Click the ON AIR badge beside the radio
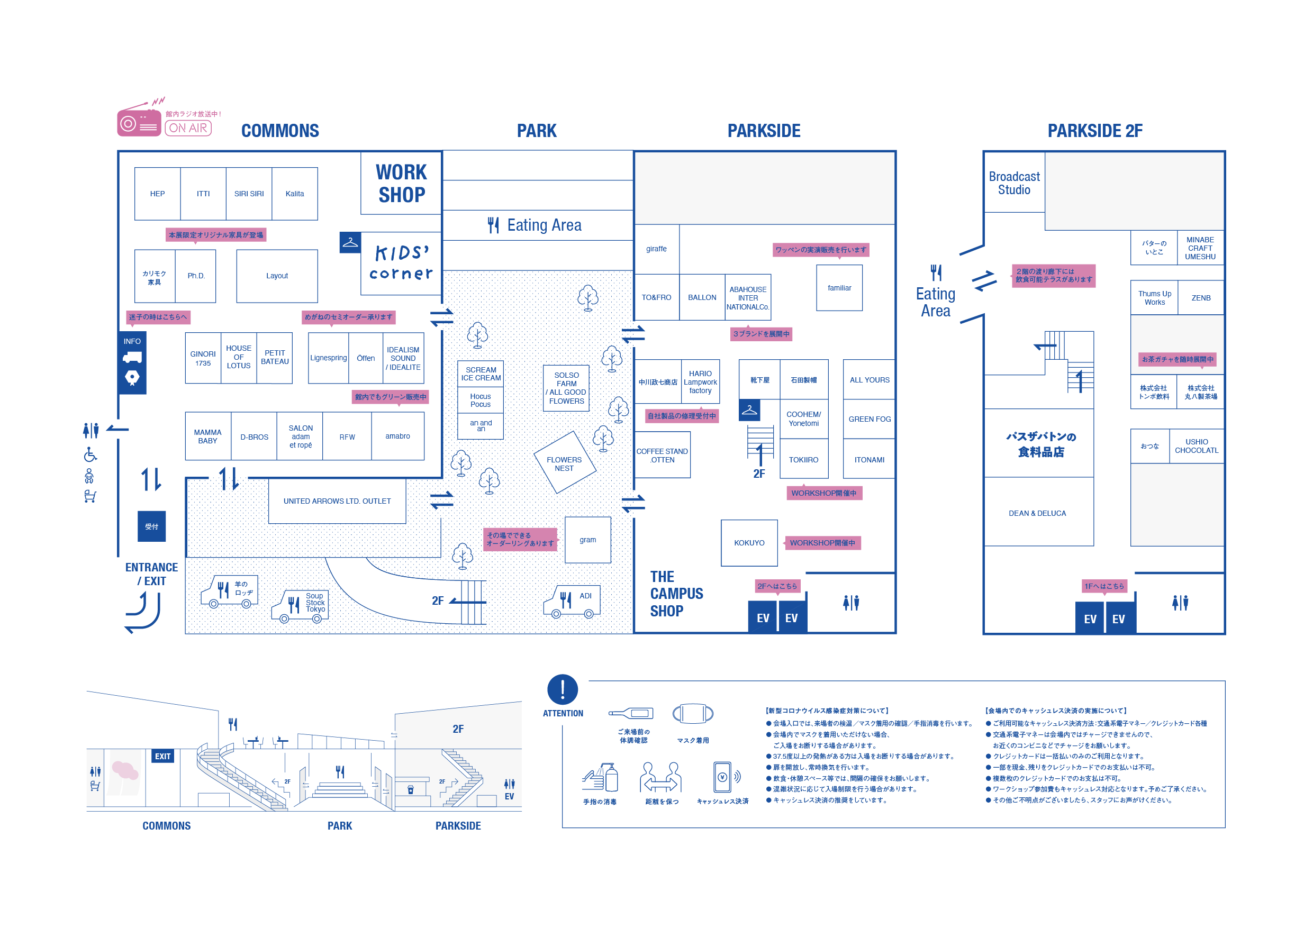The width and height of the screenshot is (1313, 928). click(x=188, y=128)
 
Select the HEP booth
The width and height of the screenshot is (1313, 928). click(x=157, y=194)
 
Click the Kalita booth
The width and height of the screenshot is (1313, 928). click(x=294, y=194)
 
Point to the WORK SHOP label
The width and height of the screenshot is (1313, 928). click(x=402, y=184)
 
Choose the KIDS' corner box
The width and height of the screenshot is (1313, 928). click(x=402, y=263)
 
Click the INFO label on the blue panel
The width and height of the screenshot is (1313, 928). click(x=132, y=341)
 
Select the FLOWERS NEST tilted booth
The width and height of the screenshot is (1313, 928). click(x=565, y=463)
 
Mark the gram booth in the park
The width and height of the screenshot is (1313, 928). click(x=587, y=540)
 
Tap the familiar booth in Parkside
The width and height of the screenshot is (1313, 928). click(x=839, y=288)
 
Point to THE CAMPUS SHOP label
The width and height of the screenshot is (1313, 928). click(x=676, y=594)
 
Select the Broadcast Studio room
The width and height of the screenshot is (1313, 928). click(x=1014, y=183)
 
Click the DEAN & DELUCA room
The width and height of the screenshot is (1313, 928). click(x=1037, y=513)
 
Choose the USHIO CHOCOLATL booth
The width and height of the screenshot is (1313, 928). click(x=1197, y=446)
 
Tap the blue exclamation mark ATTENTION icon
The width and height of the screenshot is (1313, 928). click(x=563, y=689)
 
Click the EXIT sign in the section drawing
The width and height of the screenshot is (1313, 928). click(x=162, y=756)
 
